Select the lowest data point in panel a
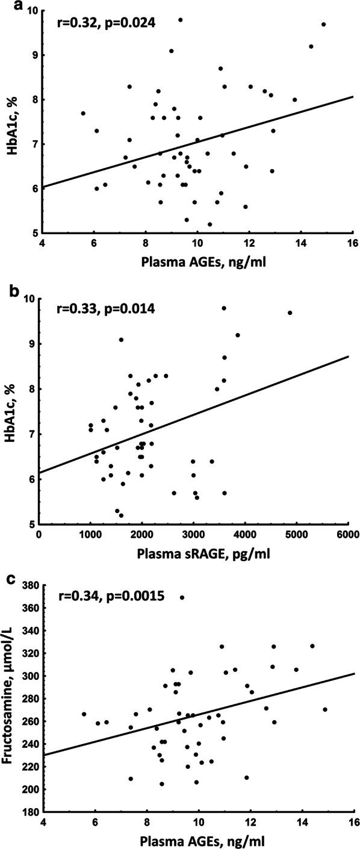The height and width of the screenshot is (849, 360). coord(209,224)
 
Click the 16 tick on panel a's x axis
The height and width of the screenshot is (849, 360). coord(353,244)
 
